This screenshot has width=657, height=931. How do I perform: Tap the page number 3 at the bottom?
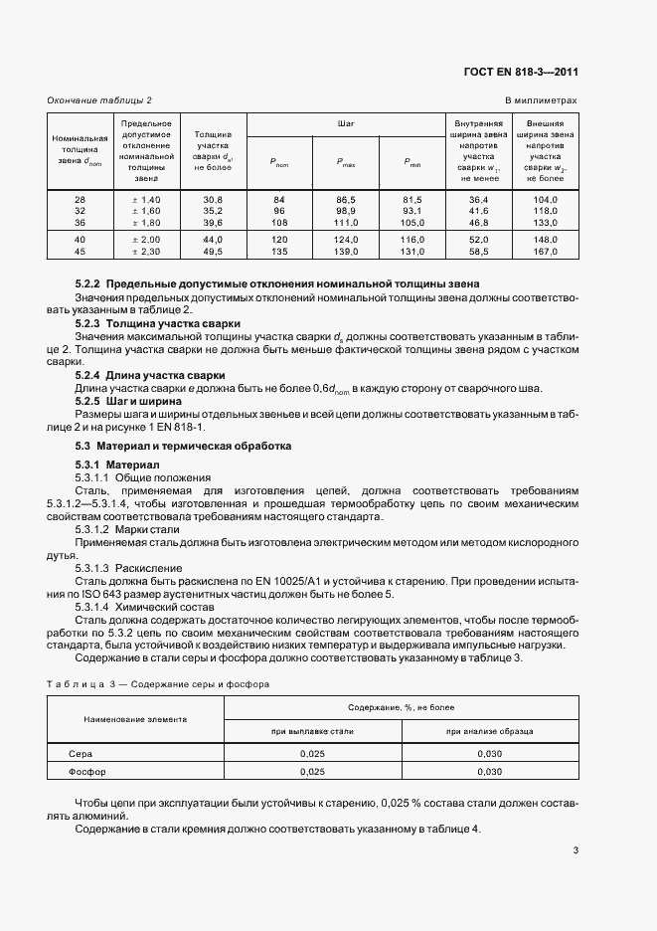pyautogui.click(x=575, y=849)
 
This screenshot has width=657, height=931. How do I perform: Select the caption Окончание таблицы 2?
pyautogui.click(x=100, y=100)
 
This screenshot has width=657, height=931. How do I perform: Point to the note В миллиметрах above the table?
pyautogui.click(x=541, y=100)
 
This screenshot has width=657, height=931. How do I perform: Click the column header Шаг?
pyautogui.click(x=346, y=124)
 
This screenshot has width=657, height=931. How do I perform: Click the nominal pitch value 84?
pyautogui.click(x=278, y=200)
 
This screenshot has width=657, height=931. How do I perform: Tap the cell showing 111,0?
pyautogui.click(x=346, y=223)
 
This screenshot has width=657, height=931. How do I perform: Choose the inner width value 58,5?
pyautogui.click(x=477, y=253)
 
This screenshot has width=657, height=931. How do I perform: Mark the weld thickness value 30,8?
pyautogui.click(x=213, y=200)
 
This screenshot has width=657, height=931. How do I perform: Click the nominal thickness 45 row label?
pyautogui.click(x=81, y=253)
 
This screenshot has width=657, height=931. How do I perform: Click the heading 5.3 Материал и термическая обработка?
pyautogui.click(x=183, y=447)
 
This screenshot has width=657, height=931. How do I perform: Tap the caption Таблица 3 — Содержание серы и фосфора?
pyautogui.click(x=158, y=683)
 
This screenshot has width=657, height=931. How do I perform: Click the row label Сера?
pyautogui.click(x=67, y=755)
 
